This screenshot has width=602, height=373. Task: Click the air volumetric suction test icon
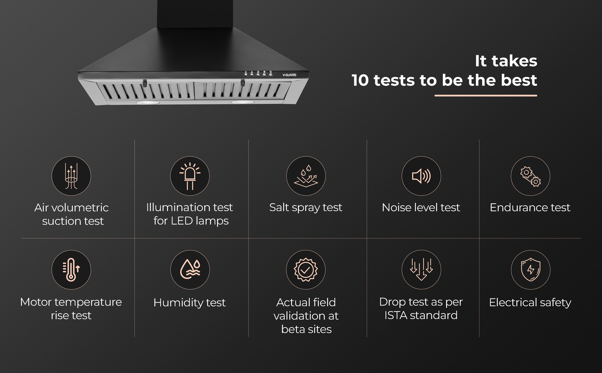71,176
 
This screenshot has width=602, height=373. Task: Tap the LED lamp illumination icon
190,176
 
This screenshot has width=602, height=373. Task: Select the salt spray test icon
306,176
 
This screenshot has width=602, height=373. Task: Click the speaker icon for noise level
421,176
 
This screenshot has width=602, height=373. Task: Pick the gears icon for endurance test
530,176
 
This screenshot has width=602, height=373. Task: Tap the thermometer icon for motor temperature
71,270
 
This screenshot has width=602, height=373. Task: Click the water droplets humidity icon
190,270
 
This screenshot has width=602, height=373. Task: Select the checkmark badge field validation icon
306,270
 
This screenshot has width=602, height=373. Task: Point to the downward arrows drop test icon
421,270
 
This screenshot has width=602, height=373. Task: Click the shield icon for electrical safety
530,270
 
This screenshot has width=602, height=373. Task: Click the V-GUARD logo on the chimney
289,75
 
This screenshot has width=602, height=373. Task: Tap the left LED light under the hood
147,103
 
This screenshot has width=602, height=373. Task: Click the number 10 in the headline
360,80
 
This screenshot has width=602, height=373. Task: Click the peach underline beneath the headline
486,96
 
